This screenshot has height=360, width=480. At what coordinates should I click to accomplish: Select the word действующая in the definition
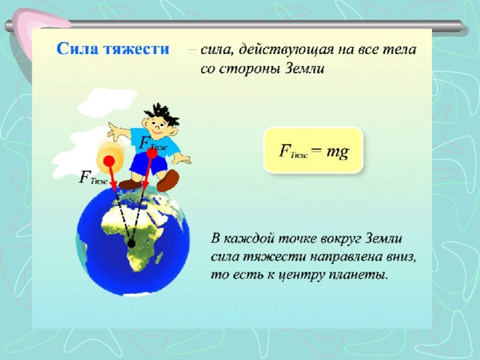point(286,50)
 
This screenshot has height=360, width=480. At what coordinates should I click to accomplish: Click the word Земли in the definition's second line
point(305,68)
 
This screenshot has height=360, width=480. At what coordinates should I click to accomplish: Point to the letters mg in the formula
point(337,151)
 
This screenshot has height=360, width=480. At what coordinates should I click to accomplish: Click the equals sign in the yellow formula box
point(316,151)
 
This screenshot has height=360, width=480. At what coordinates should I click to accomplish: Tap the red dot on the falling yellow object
point(109,160)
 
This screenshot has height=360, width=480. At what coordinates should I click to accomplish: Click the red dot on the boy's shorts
point(151,153)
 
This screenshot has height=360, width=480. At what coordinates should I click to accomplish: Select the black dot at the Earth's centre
point(131,244)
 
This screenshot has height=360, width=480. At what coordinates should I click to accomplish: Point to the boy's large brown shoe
point(167,180)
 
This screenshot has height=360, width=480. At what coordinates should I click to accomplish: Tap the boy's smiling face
point(157,126)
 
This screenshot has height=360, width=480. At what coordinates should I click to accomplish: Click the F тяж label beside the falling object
point(93,178)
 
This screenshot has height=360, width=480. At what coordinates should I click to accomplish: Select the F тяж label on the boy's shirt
point(152,143)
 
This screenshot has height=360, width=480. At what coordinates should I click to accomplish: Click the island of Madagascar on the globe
point(158,257)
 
